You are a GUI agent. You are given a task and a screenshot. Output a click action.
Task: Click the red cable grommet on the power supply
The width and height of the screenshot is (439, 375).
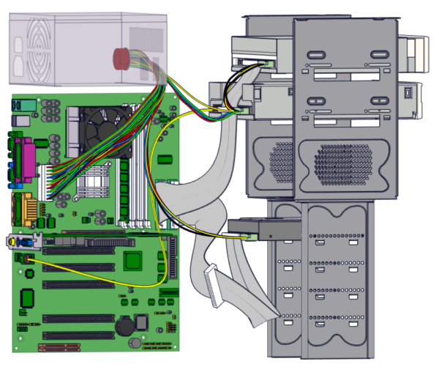(x=121, y=58)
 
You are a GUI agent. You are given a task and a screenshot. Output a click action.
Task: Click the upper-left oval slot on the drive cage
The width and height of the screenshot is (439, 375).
(x=315, y=56)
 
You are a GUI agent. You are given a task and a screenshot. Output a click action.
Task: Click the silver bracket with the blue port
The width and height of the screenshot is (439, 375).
(x=23, y=241)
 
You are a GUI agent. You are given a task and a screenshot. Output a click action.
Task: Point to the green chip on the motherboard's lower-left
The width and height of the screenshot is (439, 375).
(x=28, y=297)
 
